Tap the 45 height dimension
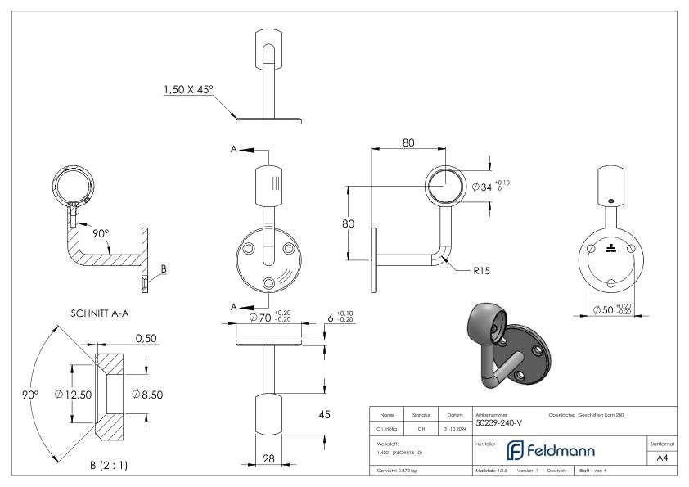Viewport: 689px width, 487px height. click(323, 415)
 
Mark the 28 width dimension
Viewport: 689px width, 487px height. click(268, 459)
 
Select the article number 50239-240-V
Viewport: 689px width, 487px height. click(499, 423)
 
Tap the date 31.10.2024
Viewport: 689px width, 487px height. click(455, 426)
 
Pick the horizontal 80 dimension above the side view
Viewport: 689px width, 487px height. click(408, 142)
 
